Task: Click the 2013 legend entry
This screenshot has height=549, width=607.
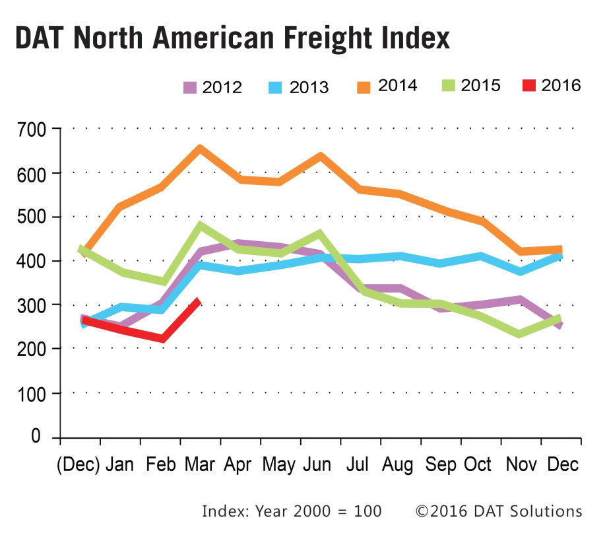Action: [x=299, y=87]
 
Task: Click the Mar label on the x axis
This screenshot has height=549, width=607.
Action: [x=199, y=464]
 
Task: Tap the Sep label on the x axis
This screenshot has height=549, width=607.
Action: [x=440, y=464]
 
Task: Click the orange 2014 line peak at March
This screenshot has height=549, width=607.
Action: [x=199, y=149]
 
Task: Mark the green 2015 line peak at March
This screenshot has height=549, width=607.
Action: [x=199, y=226]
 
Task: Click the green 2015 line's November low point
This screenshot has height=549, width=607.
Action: [x=520, y=334]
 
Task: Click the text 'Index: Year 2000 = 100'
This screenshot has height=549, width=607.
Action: [x=292, y=511]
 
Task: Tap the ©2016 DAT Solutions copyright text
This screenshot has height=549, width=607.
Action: [x=498, y=511]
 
